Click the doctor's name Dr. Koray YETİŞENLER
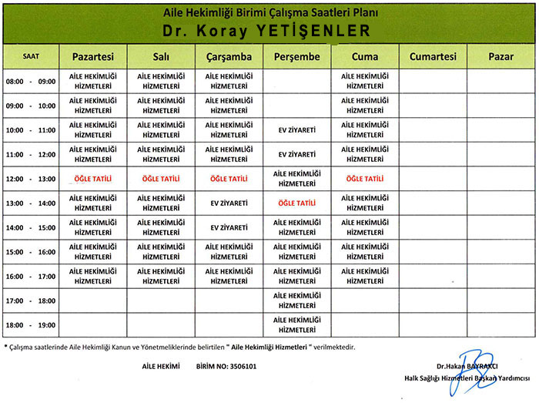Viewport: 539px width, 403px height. click(x=266, y=30)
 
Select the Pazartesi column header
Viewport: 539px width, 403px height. click(x=93, y=57)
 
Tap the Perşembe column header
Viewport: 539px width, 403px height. click(x=297, y=57)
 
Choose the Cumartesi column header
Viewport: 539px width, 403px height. click(x=433, y=57)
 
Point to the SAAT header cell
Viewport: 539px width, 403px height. click(x=31, y=56)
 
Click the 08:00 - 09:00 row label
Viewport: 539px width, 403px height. click(x=31, y=81)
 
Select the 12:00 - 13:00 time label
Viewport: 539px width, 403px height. click(x=31, y=179)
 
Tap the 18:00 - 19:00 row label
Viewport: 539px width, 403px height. click(x=31, y=325)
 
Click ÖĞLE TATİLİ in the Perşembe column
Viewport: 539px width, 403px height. click(x=297, y=203)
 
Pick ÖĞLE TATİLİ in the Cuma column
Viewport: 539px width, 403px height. click(x=365, y=179)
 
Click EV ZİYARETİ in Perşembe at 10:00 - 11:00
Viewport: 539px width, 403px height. click(x=297, y=129)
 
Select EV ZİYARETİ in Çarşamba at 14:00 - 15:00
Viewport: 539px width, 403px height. click(x=229, y=228)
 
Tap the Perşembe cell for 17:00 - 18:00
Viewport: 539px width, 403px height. click(x=297, y=301)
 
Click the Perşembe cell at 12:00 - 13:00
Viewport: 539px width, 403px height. click(x=297, y=179)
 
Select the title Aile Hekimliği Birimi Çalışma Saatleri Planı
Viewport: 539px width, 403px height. click(x=266, y=12)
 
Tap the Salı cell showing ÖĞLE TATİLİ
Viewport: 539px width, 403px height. click(x=161, y=179)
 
